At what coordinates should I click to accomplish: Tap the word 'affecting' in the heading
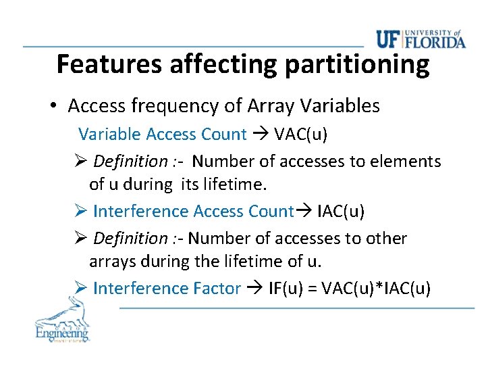[224, 64]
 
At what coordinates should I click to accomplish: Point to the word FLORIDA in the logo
[436, 43]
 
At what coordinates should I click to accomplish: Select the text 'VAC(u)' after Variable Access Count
[300, 134]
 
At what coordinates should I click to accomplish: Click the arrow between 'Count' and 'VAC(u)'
[260, 134]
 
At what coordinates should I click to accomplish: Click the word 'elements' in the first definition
[410, 162]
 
